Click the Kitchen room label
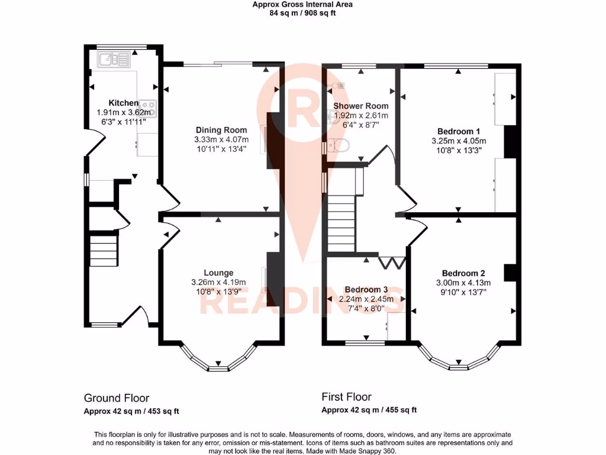point(123,103)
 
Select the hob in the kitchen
point(147,108)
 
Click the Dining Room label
point(221,130)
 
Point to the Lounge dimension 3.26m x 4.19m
point(218,282)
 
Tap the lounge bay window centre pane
point(219,368)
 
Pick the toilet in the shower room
point(338,146)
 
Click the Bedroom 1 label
point(459,132)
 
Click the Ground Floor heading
point(117,398)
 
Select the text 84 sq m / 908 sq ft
point(302,12)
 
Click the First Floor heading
point(346,397)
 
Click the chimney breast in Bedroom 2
point(508,272)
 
